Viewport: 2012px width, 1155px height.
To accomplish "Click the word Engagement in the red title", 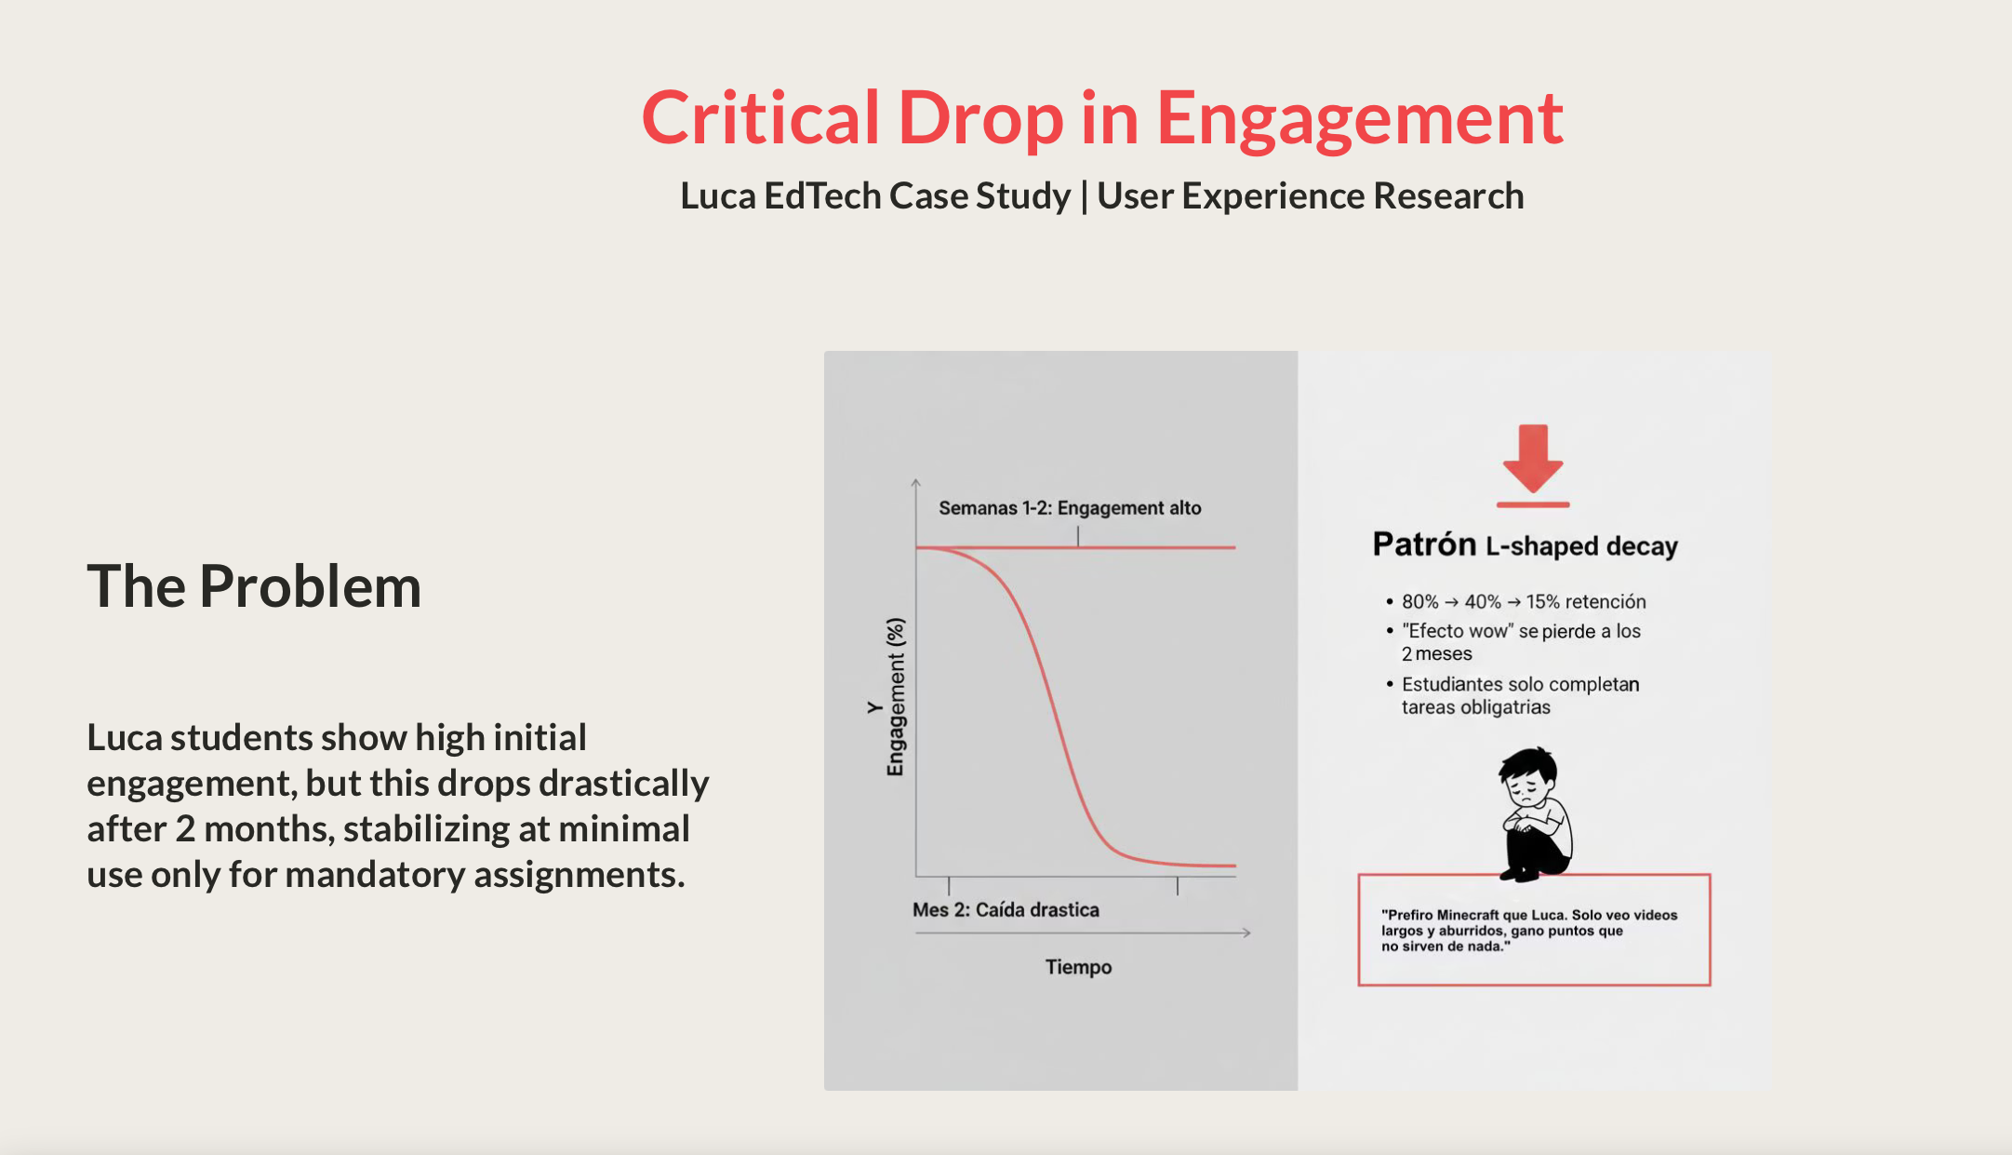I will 1359,119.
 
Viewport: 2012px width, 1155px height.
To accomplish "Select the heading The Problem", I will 254,586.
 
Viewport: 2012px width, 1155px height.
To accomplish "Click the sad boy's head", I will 1528,777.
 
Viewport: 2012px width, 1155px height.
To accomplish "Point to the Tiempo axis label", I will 1078,967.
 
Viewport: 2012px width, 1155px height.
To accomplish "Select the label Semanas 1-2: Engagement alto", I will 1070,508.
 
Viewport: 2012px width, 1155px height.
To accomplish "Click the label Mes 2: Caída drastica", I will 1006,909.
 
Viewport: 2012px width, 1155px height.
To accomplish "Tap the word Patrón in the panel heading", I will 1423,544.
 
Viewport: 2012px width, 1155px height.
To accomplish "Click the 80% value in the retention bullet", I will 1419,602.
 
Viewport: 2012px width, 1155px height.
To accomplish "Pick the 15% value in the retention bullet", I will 1542,602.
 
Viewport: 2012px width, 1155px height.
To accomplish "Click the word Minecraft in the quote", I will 1468,915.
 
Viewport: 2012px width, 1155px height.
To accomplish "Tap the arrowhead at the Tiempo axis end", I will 1246,933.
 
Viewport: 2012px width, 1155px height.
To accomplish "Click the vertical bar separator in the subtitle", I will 1084,196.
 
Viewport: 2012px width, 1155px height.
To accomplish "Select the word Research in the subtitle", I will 1448,196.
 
